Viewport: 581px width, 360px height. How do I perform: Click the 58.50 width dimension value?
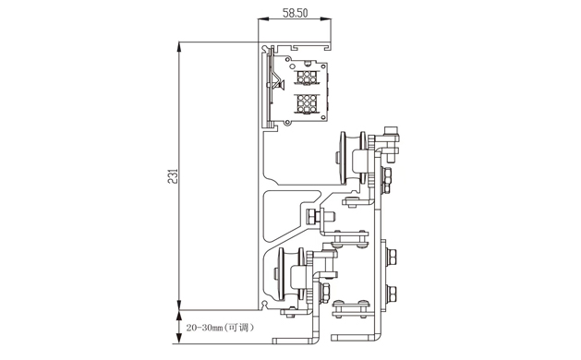click(x=295, y=13)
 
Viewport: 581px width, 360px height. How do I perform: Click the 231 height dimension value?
click(x=173, y=176)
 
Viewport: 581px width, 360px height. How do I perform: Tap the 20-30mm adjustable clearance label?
click(x=220, y=328)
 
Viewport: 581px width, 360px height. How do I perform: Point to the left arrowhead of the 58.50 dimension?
click(x=263, y=18)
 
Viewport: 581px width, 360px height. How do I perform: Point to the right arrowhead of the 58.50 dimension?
click(x=326, y=18)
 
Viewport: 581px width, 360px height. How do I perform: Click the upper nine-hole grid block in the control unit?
click(x=307, y=77)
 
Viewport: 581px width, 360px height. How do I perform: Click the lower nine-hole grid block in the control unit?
click(x=307, y=103)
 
